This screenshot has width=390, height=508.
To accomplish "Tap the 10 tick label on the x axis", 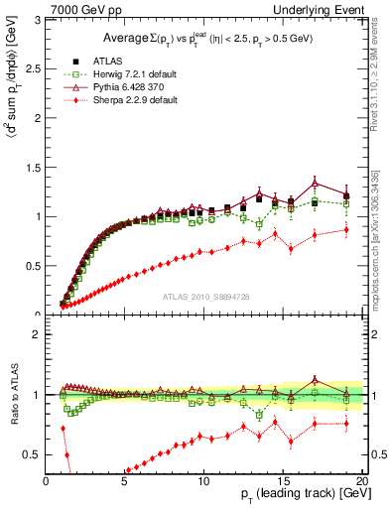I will pos(203,480).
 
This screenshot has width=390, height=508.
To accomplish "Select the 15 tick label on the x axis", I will pos(283,480).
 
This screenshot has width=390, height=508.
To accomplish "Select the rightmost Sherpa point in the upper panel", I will pos(346,229).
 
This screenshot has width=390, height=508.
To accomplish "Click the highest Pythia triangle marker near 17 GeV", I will pos(315,183).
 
